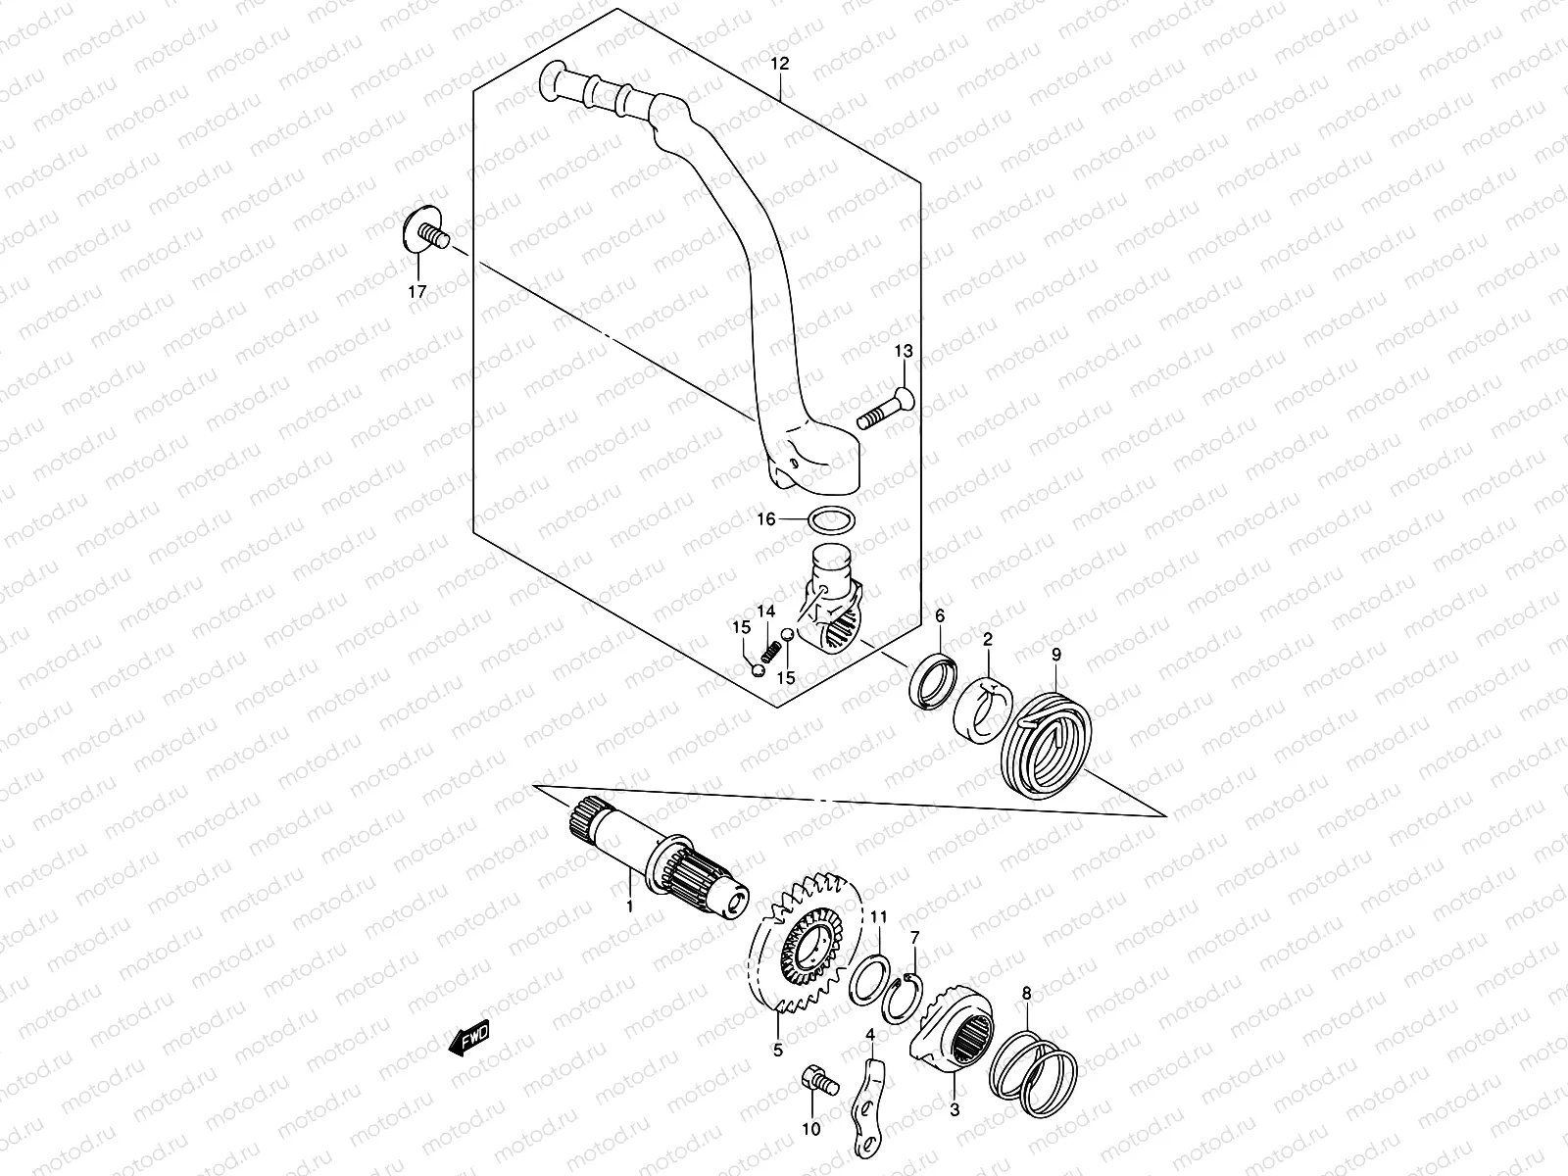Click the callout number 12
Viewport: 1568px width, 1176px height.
(x=779, y=64)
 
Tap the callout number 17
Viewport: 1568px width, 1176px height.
(x=417, y=291)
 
